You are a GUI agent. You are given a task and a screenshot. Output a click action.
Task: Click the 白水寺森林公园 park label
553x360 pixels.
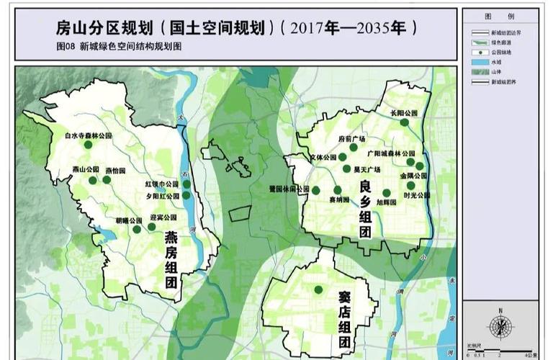[x=88, y=135]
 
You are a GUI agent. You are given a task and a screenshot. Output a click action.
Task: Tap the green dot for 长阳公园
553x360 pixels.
[x=405, y=122]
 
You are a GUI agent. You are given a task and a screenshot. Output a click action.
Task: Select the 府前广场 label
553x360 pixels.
[x=352, y=138]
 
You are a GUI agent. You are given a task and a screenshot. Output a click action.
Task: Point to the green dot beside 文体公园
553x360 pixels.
[x=343, y=157]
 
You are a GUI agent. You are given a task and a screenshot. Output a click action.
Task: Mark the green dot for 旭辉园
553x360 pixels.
[x=387, y=193]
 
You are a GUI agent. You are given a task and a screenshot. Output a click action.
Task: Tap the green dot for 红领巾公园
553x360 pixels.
[x=186, y=184]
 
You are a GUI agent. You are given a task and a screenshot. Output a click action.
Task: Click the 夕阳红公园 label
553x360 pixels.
[x=163, y=196]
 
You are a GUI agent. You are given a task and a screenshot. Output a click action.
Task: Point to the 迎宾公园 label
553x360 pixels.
[x=163, y=217]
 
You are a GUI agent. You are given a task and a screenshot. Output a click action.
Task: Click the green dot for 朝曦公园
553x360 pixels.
[x=137, y=230]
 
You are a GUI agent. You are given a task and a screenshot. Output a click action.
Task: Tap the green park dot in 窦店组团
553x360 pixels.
[x=318, y=289]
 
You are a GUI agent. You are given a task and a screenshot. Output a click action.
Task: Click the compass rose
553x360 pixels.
[x=500, y=327]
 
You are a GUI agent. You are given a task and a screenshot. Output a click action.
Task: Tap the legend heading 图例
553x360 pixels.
[x=500, y=16]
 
